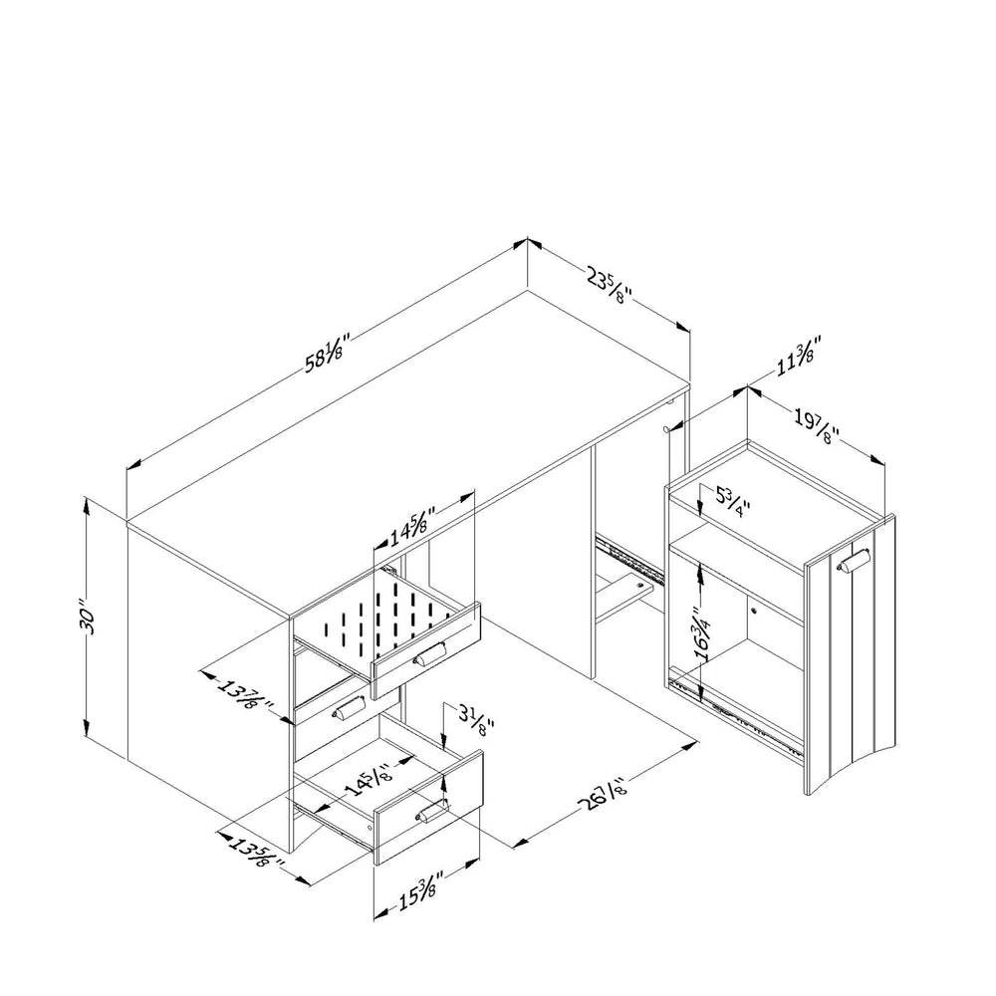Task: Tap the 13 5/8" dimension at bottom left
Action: [x=256, y=855]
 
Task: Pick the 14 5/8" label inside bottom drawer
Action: [x=370, y=779]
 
